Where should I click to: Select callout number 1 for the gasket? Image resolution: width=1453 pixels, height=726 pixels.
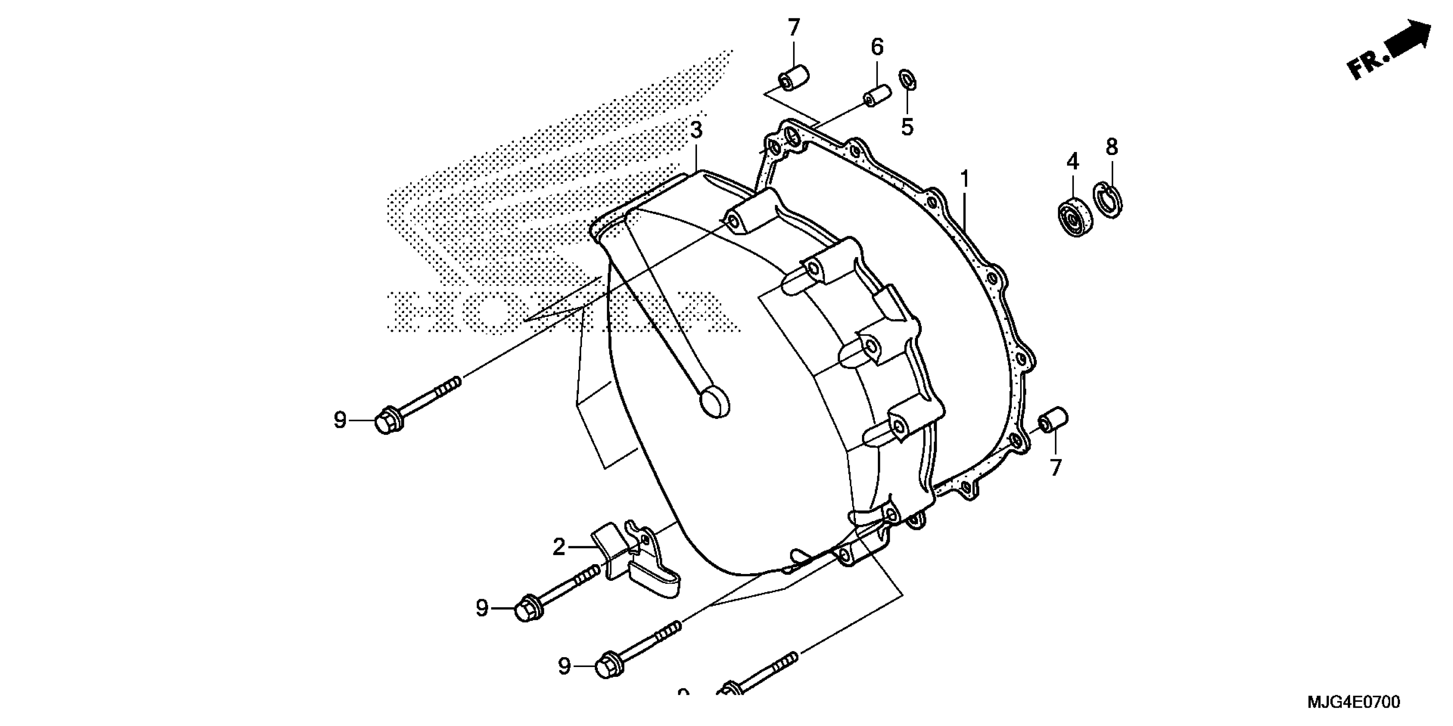[x=965, y=180]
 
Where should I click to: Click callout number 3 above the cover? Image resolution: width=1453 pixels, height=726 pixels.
[x=697, y=130]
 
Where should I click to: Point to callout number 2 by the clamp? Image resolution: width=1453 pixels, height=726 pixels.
[x=559, y=546]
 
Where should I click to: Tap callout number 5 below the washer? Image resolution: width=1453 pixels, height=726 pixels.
[x=907, y=127]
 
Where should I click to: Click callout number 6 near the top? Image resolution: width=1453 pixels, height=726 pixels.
[x=877, y=47]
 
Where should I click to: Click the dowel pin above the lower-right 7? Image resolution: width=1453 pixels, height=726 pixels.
[x=1053, y=420]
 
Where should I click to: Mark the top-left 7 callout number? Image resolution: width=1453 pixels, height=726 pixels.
[x=794, y=27]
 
